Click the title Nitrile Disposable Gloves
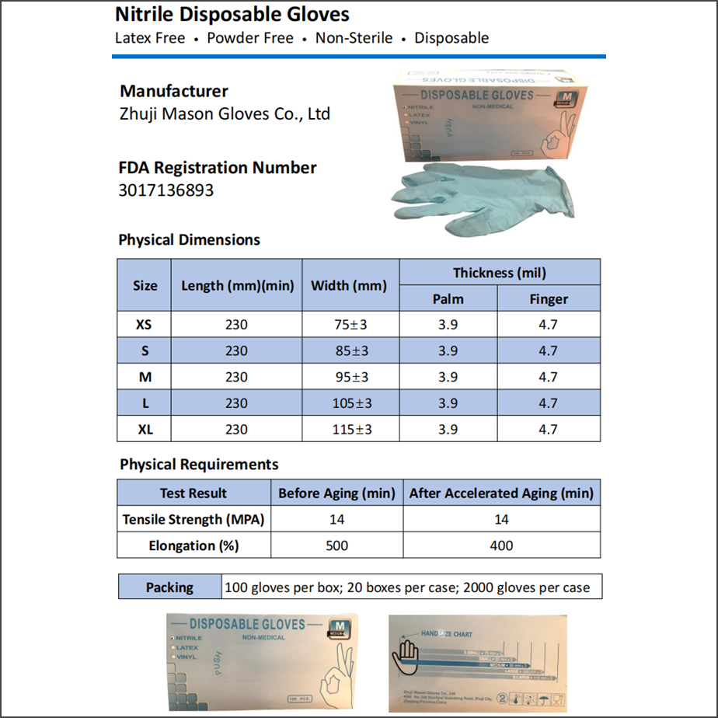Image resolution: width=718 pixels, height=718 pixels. pyautogui.click(x=232, y=14)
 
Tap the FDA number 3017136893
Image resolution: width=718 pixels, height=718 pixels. pyautogui.click(x=166, y=190)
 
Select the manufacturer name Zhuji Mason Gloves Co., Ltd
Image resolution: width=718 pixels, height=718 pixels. pyautogui.click(x=225, y=113)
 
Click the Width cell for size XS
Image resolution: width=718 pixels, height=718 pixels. pyautogui.click(x=350, y=325)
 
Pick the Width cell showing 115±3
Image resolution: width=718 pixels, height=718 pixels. pyautogui.click(x=350, y=429)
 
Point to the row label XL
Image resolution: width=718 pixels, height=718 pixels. pyautogui.click(x=145, y=429)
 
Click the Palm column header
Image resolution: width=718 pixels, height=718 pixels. pyautogui.click(x=448, y=298)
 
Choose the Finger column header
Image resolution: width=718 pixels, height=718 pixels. pyautogui.click(x=549, y=298)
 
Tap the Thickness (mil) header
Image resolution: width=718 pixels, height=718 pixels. pyautogui.click(x=500, y=273)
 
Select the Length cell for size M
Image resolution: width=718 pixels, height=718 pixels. pyautogui.click(x=236, y=377)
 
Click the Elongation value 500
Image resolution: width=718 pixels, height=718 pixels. pyautogui.click(x=336, y=545)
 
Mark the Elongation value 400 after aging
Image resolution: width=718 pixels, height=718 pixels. pyautogui.click(x=501, y=545)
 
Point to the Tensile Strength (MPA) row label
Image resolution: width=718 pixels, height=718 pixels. pyautogui.click(x=193, y=519)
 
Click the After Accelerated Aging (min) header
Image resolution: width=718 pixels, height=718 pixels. pyautogui.click(x=501, y=493)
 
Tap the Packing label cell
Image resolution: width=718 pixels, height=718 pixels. pyautogui.click(x=169, y=587)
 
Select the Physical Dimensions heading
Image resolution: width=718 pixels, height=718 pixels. pyautogui.click(x=189, y=240)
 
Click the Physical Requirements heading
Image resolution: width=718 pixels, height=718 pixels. pyautogui.click(x=199, y=465)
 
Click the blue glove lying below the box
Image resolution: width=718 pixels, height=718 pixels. pyautogui.click(x=482, y=198)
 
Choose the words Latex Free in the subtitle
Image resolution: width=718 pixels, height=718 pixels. pyautogui.click(x=150, y=38)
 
